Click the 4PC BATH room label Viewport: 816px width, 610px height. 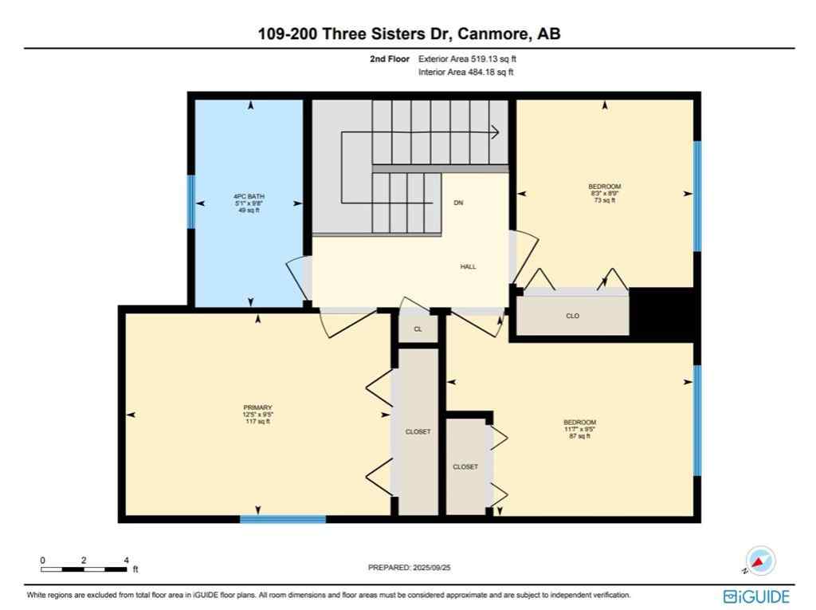click(249, 196)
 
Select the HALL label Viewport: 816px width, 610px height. click(468, 266)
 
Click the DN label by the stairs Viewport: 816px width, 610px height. click(458, 203)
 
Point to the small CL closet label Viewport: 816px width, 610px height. click(418, 329)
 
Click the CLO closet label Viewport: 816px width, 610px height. click(572, 317)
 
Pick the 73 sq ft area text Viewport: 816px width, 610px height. click(604, 201)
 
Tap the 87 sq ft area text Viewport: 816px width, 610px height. click(579, 436)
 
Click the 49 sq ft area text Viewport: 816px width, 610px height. click(249, 211)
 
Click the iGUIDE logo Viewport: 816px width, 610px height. click(756, 596)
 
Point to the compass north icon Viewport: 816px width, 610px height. click(761, 560)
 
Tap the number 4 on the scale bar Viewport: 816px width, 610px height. click(126, 560)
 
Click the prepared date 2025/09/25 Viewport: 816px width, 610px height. click(437, 568)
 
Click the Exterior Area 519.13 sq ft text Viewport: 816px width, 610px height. click(473, 59)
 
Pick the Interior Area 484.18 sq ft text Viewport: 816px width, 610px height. click(466, 73)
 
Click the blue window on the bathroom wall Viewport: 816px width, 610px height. click(190, 202)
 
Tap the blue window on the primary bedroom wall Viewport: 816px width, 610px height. click(283, 519)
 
